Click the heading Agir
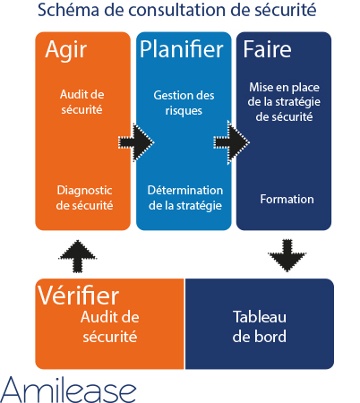click(66, 51)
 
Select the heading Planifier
click(182, 49)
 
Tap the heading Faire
click(267, 49)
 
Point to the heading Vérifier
click(79, 295)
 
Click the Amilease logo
click(68, 390)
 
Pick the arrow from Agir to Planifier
click(136, 142)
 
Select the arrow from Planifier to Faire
click(231, 142)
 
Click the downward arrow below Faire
click(287, 255)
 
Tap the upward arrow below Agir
click(78, 256)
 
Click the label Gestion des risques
click(184, 103)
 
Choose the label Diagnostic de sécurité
click(84, 198)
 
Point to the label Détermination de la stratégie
click(185, 198)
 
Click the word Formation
click(287, 199)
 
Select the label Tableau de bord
click(260, 326)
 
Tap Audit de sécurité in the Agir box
click(82, 102)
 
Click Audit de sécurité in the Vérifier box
click(110, 327)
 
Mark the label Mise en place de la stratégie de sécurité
click(284, 102)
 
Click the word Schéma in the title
click(68, 10)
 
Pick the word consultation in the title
click(177, 10)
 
